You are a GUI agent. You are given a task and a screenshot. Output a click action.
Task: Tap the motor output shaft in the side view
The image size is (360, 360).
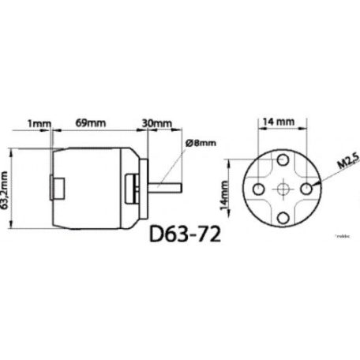click(x=168, y=189)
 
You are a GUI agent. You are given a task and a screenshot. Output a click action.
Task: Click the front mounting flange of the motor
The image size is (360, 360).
click(x=145, y=189)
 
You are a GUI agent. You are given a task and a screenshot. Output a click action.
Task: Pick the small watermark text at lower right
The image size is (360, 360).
click(x=345, y=234)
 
